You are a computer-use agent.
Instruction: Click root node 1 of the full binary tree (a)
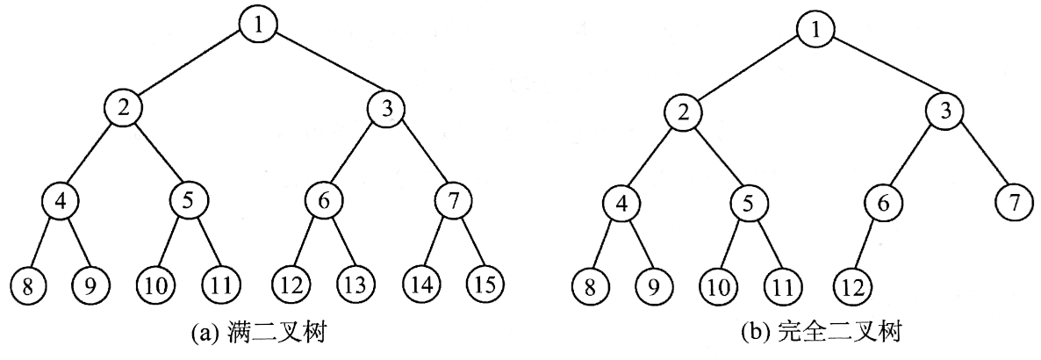coord(258,24)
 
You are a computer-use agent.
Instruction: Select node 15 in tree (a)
coord(485,285)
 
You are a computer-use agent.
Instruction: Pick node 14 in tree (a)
coord(421,285)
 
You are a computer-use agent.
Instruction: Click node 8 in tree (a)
coord(28,285)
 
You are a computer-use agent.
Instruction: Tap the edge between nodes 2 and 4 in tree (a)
coord(90,155)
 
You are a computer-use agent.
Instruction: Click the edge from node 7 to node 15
coord(469,245)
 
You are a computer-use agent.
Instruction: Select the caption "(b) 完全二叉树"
coord(811,336)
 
